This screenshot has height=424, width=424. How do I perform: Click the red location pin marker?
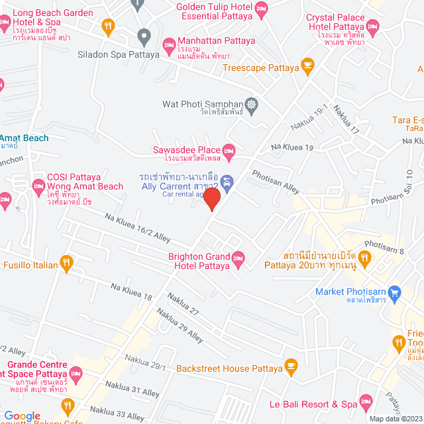point(211,199)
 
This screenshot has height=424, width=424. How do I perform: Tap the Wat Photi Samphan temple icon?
point(251,104)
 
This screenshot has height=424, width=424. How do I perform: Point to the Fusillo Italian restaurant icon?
point(66,264)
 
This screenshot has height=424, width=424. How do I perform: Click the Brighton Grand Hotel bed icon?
point(238,257)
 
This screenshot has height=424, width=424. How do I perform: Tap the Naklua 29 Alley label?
point(180,327)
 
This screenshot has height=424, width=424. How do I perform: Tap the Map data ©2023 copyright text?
point(395,419)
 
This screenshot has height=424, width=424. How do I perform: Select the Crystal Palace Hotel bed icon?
point(372,27)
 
